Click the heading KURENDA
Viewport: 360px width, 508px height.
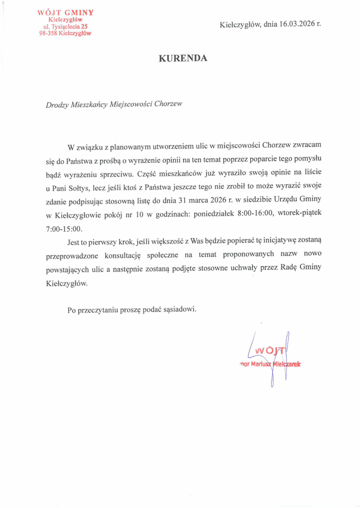click(183, 59)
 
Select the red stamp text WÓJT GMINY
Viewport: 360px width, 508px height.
click(66, 12)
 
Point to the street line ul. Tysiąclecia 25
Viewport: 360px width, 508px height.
click(66, 26)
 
